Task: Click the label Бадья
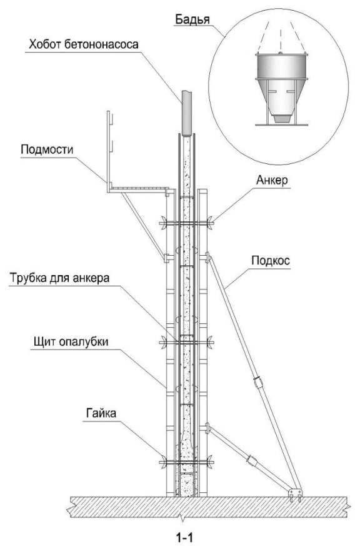pyautogui.click(x=192, y=19)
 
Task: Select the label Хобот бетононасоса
pyautogui.click(x=84, y=44)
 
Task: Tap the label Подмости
pyautogui.click(x=47, y=149)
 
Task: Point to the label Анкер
pyautogui.click(x=272, y=180)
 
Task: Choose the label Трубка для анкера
pyautogui.click(x=59, y=278)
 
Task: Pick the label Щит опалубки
pyautogui.click(x=71, y=341)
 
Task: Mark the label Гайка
pyautogui.click(x=101, y=413)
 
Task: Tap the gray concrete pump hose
pyautogui.click(x=187, y=114)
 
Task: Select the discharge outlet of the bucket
pyautogui.click(x=281, y=118)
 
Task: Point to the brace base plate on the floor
pyautogui.click(x=295, y=492)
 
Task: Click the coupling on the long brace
pyautogui.click(x=257, y=382)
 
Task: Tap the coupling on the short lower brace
pyautogui.click(x=251, y=460)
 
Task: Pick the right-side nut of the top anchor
pyautogui.click(x=210, y=223)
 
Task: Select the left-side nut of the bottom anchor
pyautogui.click(x=162, y=462)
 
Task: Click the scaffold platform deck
pyautogui.click(x=137, y=188)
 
